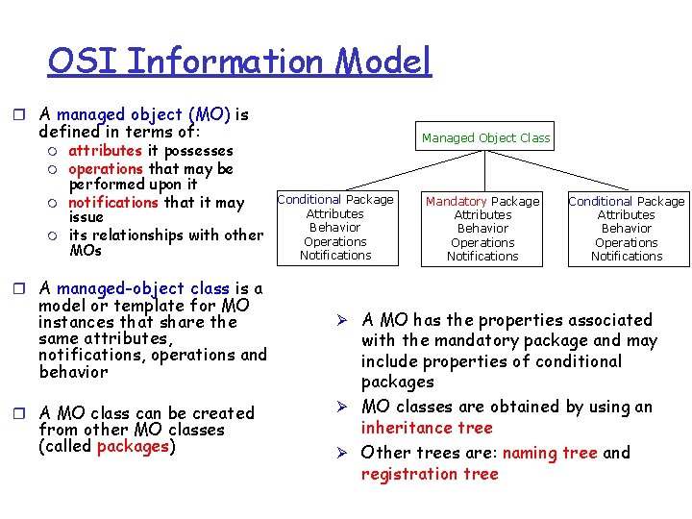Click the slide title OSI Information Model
tap(239, 62)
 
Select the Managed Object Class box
tap(485, 137)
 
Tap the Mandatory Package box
tap(482, 228)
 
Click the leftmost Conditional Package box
tap(335, 227)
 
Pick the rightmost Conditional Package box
tap(627, 228)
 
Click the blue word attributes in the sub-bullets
tap(105, 151)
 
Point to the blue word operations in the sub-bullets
tap(106, 168)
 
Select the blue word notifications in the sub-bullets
tap(112, 202)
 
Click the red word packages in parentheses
tap(133, 446)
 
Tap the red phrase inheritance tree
tap(426, 428)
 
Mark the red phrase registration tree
tap(430, 474)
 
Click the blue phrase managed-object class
tap(142, 288)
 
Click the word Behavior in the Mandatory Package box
tap(482, 229)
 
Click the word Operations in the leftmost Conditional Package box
tap(335, 241)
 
